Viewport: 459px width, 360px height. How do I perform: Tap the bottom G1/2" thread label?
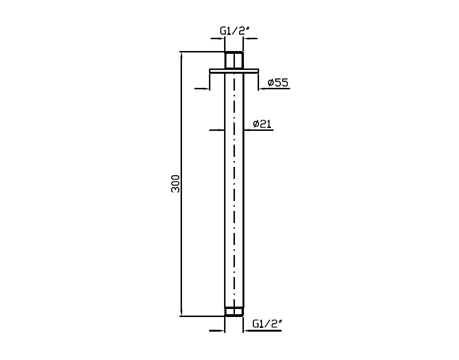coord(267,324)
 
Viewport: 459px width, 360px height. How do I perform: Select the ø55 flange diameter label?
coord(278,83)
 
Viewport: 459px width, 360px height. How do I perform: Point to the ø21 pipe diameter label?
coord(262,124)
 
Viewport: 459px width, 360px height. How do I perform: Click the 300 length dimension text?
coord(175,184)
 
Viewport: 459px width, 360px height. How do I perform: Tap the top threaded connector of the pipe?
coord(234,60)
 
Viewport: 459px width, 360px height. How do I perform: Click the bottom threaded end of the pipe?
coord(234,312)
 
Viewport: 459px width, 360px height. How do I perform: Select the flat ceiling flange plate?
coord(234,71)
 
